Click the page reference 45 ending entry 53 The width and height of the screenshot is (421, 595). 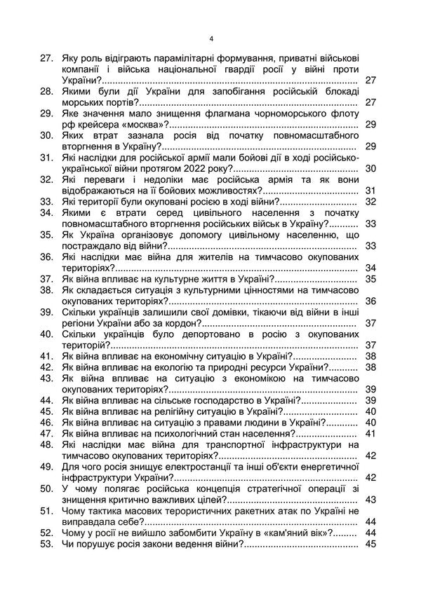coord(371,546)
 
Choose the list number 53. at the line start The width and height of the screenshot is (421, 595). coord(47,546)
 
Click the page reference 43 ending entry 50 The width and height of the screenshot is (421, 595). coord(371,500)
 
